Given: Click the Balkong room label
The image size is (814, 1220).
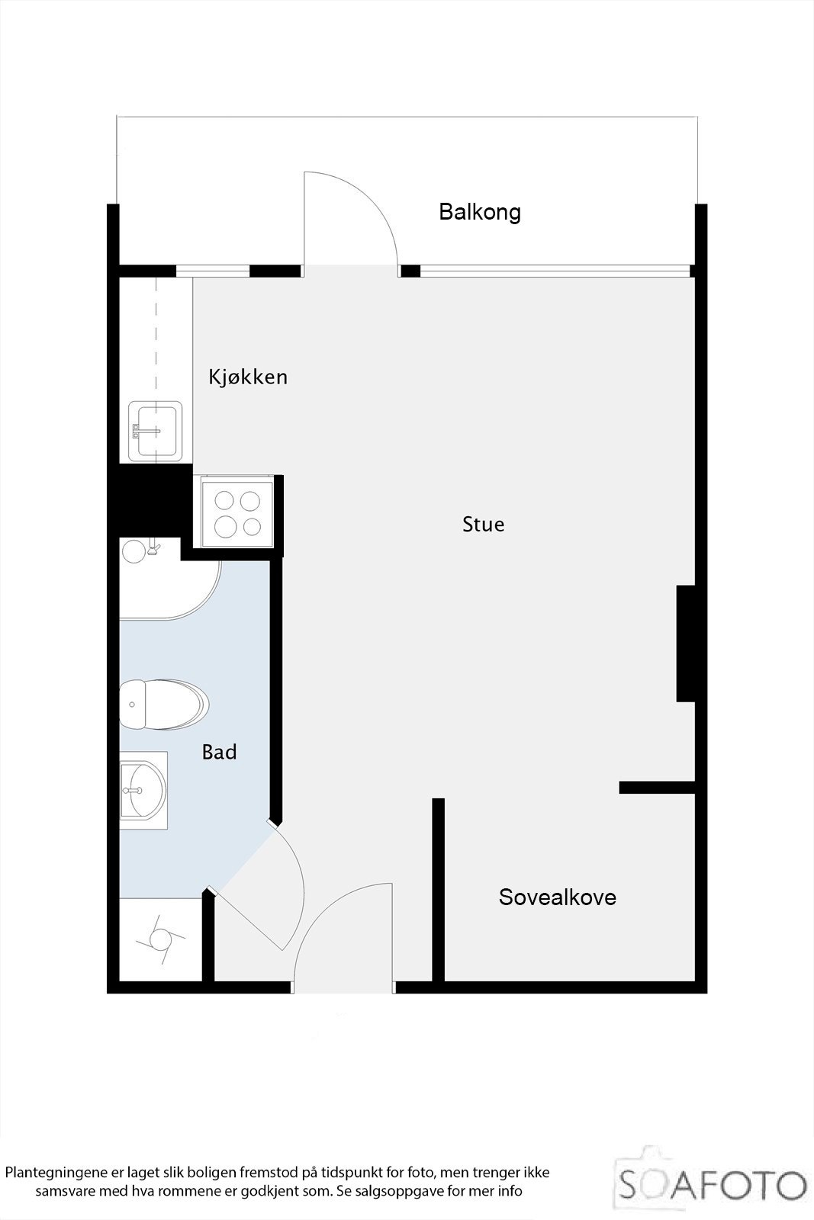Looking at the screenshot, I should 479,212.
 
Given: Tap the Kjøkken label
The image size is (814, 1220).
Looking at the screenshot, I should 248,377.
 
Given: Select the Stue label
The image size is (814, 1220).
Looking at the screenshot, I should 483,525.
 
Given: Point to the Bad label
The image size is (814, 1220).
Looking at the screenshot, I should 219,753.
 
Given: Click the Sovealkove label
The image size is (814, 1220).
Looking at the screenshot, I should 557,897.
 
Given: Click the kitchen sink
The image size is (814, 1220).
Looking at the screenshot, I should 156,432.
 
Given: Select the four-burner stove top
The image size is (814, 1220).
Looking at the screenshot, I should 236,512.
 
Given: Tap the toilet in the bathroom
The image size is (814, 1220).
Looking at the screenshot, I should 163,703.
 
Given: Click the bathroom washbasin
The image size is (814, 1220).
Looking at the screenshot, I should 143,790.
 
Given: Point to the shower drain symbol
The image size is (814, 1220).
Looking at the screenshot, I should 160,939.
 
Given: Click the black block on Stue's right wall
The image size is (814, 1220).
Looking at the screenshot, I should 685,643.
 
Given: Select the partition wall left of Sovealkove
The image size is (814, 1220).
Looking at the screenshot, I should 438,890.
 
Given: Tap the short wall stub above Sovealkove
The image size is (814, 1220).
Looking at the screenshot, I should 657,788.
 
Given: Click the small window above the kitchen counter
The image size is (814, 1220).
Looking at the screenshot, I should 213,271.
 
